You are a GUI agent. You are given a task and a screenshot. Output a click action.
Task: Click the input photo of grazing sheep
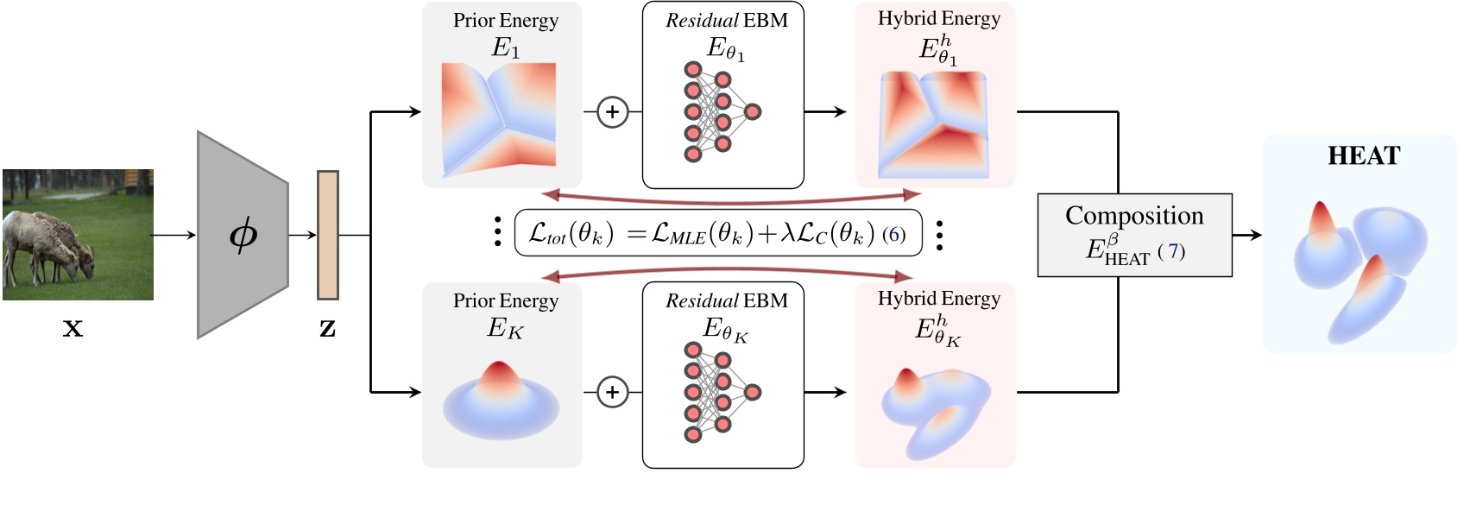pyautogui.click(x=78, y=235)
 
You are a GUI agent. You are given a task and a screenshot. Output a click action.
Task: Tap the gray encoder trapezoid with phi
pyautogui.click(x=242, y=235)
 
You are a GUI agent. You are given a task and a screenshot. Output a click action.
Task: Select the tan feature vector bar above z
pyautogui.click(x=327, y=235)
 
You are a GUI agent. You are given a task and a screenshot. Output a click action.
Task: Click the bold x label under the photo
pyautogui.click(x=73, y=328)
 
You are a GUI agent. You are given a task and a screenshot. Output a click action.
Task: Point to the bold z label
pyautogui.click(x=327, y=328)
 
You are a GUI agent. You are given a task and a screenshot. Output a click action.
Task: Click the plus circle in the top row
pyautogui.click(x=612, y=111)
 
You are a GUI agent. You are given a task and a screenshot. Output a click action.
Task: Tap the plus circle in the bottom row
pyautogui.click(x=612, y=392)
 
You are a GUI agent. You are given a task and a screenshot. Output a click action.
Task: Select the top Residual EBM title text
pyautogui.click(x=726, y=20)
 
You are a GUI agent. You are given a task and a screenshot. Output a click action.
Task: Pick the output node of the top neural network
pyautogui.click(x=753, y=111)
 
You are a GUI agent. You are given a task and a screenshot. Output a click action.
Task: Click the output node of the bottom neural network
pyautogui.click(x=753, y=392)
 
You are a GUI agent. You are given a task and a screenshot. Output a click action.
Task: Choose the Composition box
pyautogui.click(x=1134, y=235)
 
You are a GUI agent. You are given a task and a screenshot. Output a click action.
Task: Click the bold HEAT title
pyautogui.click(x=1364, y=156)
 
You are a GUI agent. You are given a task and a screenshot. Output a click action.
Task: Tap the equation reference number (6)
pyautogui.click(x=894, y=235)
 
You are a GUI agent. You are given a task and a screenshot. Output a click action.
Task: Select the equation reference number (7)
pyautogui.click(x=1172, y=252)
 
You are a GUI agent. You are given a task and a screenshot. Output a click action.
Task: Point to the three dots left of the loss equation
pyautogui.click(x=497, y=233)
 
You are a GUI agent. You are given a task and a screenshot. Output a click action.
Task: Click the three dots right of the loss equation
pyautogui.click(x=939, y=235)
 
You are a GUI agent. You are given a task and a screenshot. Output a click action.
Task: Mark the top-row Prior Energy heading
pyautogui.click(x=506, y=20)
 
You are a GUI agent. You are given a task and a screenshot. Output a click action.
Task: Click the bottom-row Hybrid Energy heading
pyautogui.click(x=939, y=299)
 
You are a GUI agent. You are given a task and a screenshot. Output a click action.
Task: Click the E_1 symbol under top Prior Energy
pyautogui.click(x=506, y=47)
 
